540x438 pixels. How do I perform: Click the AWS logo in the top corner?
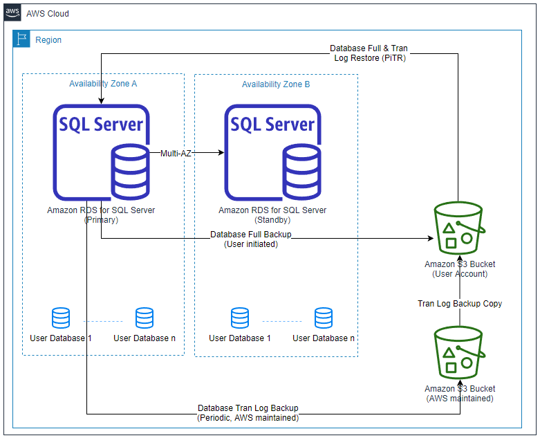[x=12, y=12]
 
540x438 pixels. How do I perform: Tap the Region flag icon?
[x=22, y=39]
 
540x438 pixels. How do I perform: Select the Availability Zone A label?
[x=103, y=84]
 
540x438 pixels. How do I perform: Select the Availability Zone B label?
[x=276, y=84]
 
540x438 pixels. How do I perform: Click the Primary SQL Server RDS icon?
[x=102, y=152]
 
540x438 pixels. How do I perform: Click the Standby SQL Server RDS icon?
[x=272, y=152]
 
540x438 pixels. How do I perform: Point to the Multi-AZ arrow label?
[x=175, y=153]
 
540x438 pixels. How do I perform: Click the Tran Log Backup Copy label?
[x=460, y=304]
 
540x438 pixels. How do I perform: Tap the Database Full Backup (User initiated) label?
[x=251, y=239]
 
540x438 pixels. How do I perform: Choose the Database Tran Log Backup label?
[x=248, y=413]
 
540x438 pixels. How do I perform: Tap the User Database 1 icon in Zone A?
[x=61, y=318]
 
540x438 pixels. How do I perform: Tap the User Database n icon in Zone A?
[x=145, y=318]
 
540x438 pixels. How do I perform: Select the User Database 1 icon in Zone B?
[x=240, y=318]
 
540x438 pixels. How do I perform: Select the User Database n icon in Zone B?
[x=324, y=318]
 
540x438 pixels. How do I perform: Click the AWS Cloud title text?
[x=48, y=14]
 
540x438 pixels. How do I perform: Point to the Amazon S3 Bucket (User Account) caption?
[x=460, y=269]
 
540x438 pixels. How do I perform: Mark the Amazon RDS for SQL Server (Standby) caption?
[x=272, y=215]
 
